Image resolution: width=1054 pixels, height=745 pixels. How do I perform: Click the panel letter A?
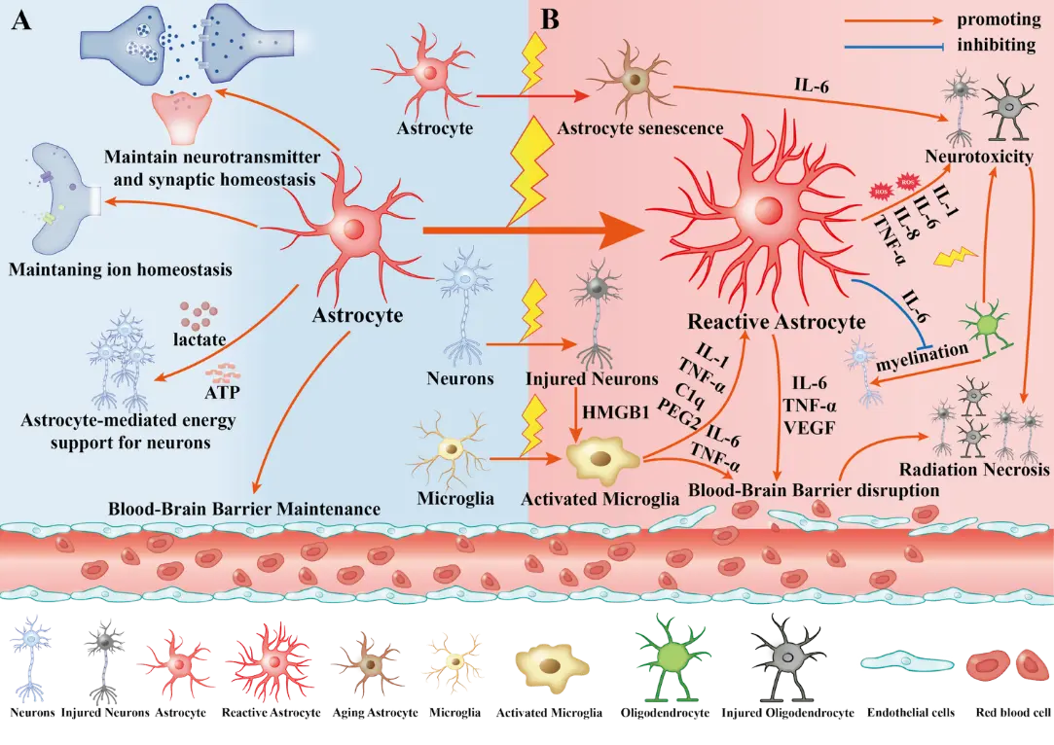19,21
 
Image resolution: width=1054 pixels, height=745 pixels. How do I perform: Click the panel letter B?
549,19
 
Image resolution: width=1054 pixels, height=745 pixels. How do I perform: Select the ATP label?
225,394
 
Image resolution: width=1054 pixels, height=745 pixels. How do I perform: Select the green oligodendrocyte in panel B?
984,323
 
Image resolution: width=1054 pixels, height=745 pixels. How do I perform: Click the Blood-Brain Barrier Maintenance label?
243,508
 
